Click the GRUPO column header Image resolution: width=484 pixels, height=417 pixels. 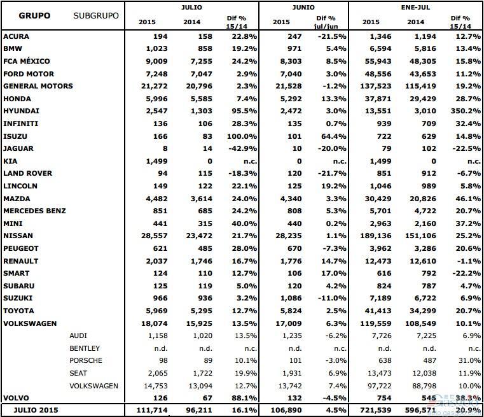pyautogui.click(x=33, y=15)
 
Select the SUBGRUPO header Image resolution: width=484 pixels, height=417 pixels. pyautogui.click(x=96, y=15)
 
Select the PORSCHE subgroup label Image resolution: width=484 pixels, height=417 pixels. pyautogui.click(x=86, y=360)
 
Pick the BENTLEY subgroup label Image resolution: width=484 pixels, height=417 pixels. pyautogui.click(x=86, y=348)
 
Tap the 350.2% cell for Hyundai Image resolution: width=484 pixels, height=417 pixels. pyautogui.click(x=455, y=111)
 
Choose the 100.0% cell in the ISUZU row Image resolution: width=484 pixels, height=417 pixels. pyautogui.click(x=242, y=136)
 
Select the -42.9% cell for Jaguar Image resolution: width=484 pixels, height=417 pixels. pyautogui.click(x=242, y=148)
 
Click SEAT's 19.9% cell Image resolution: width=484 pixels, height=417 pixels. pyautogui.click(x=244, y=373)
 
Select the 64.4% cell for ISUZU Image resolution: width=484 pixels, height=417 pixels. pyautogui.click(x=333, y=136)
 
